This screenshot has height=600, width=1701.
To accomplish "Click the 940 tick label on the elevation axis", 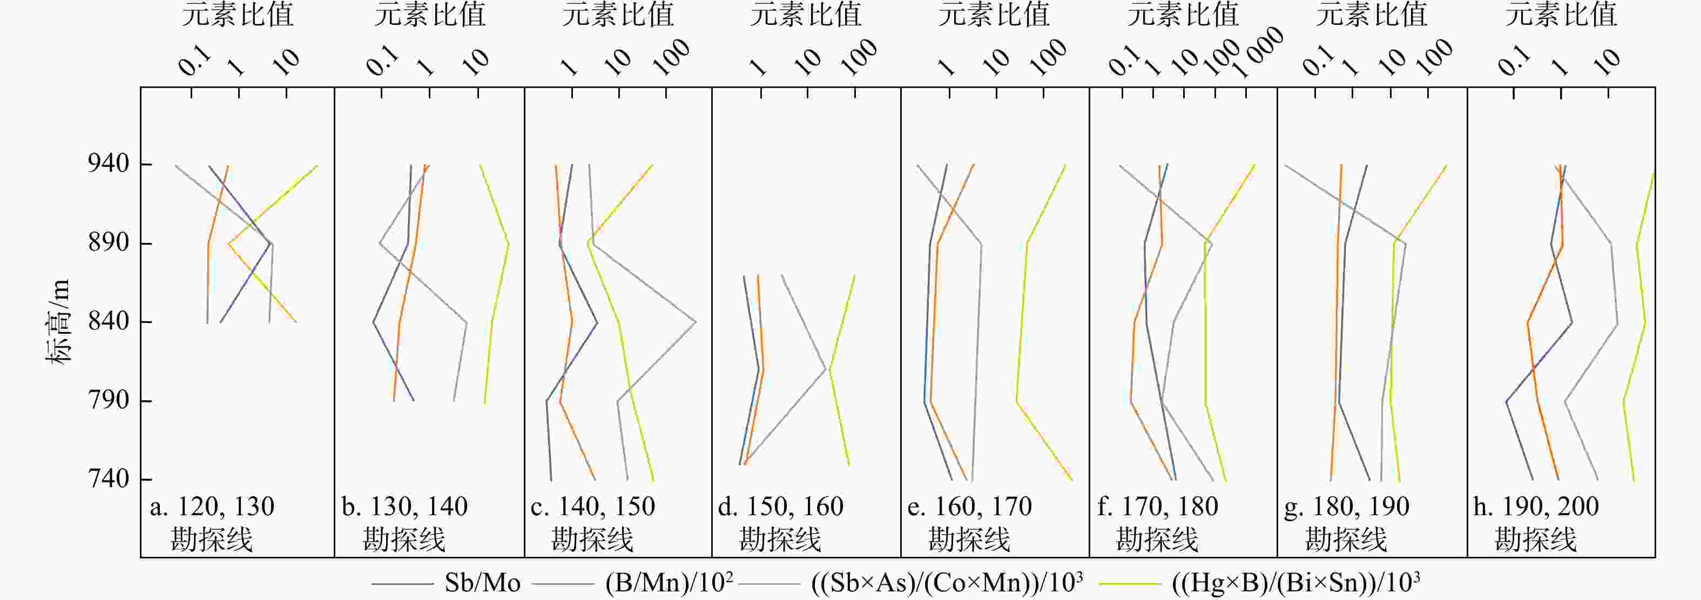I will tap(109, 163).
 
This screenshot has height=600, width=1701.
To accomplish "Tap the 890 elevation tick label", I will tap(109, 242).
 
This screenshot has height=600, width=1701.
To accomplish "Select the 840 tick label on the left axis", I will tap(109, 321).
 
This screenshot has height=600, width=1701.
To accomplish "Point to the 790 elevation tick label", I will tap(109, 400).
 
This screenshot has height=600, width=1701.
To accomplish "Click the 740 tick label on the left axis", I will tap(109, 478).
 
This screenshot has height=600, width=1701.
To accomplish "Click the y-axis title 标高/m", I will tap(58, 321).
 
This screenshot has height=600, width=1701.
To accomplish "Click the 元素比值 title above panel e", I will tap(994, 15).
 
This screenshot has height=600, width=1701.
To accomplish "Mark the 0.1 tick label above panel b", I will tap(383, 62).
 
